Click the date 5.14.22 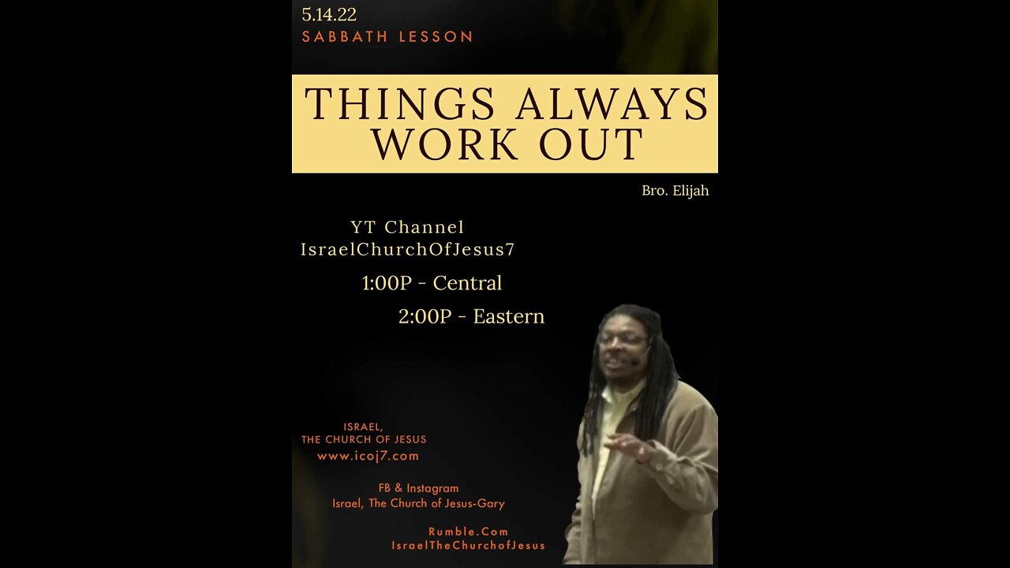tap(329, 14)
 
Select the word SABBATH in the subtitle tap(345, 36)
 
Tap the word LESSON tap(436, 36)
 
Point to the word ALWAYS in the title tap(612, 103)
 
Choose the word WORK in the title tap(446, 144)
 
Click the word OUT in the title tap(591, 144)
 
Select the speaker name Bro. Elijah tap(675, 191)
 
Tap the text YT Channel tap(407, 226)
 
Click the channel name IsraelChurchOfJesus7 tap(408, 249)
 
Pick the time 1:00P tap(387, 283)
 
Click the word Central tap(467, 283)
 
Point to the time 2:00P tap(425, 316)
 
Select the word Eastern tap(509, 316)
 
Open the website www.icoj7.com tap(368, 456)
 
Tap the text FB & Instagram tap(418, 488)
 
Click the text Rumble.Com tap(468, 532)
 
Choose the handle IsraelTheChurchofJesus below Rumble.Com tap(468, 545)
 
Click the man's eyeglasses tap(623, 340)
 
